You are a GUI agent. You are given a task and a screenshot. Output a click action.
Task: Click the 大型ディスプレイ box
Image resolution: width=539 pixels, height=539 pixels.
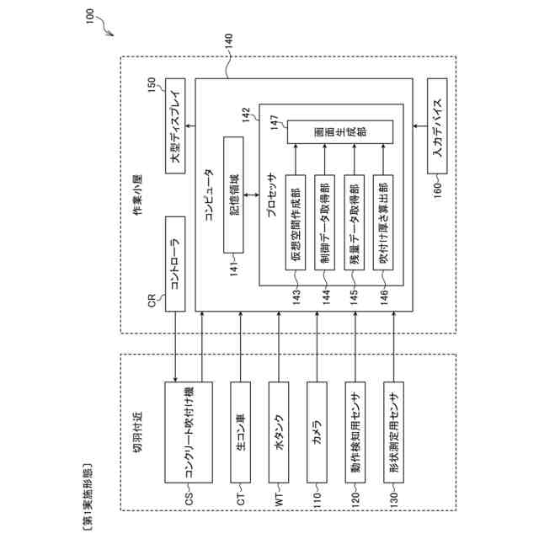(x=175, y=125)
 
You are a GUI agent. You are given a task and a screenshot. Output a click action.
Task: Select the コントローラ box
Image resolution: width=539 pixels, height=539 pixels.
(x=175, y=264)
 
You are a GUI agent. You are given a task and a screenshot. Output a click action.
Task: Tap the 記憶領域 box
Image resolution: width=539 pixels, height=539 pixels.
(x=233, y=195)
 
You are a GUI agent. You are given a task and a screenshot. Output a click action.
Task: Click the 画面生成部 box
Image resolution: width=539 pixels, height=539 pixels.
(x=340, y=132)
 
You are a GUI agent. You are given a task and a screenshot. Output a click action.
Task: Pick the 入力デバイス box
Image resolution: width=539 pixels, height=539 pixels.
(x=437, y=125)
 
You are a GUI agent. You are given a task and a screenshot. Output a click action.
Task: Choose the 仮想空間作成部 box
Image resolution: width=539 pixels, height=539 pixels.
(x=296, y=222)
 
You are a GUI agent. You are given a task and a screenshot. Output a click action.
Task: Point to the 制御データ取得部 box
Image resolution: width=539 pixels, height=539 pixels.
(x=325, y=222)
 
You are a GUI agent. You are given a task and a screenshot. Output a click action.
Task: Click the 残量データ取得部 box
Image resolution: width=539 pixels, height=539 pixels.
(x=355, y=222)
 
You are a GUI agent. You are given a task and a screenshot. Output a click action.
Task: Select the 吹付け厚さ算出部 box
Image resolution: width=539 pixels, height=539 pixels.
(x=383, y=222)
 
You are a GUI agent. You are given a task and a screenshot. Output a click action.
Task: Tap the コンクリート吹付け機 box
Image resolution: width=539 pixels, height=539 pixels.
(x=189, y=432)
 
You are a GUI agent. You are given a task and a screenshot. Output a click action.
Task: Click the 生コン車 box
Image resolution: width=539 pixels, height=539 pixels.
(x=241, y=432)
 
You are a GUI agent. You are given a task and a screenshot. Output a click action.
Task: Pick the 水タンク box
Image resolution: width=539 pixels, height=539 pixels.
(x=279, y=432)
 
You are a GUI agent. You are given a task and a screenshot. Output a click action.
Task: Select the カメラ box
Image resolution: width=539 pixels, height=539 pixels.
(x=317, y=432)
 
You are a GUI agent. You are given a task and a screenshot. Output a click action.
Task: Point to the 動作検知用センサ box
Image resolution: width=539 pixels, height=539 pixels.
(x=355, y=432)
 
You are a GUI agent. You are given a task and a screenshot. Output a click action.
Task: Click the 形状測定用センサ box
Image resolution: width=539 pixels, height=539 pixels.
(x=393, y=432)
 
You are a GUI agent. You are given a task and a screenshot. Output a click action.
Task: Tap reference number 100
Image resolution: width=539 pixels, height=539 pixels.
(x=89, y=16)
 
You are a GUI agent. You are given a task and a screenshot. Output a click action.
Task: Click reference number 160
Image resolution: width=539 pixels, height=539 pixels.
(x=437, y=191)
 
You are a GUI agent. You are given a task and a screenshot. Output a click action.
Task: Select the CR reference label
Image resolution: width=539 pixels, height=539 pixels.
(x=152, y=301)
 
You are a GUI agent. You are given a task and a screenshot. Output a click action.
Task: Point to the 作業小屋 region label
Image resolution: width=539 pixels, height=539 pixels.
(x=138, y=195)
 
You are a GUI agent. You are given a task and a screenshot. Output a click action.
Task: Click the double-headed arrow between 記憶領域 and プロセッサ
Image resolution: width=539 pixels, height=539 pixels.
(x=252, y=195)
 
